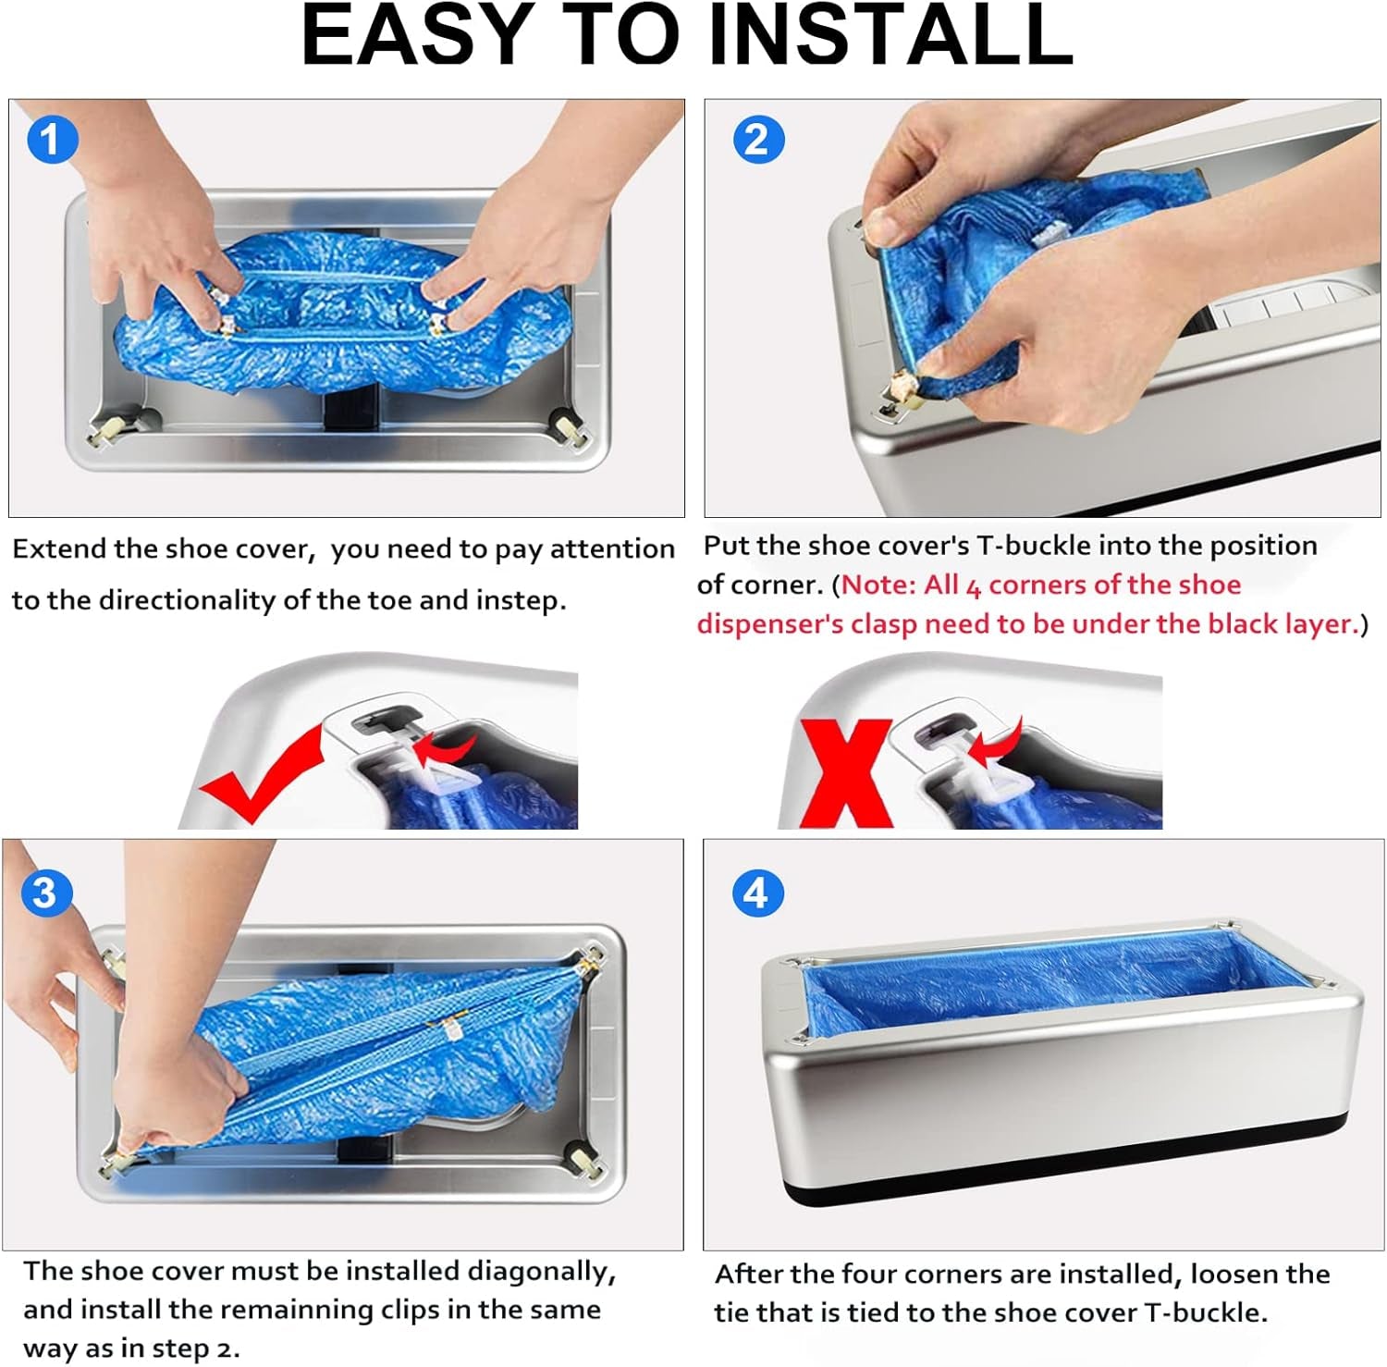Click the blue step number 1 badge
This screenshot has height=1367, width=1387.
(52, 140)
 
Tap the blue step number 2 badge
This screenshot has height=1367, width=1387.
(758, 140)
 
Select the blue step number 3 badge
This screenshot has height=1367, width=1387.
(45, 893)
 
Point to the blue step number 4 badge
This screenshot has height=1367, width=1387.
(757, 893)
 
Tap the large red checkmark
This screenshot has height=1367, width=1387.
(263, 772)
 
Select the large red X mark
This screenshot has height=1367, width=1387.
(847, 773)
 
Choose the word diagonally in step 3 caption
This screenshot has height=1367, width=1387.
(541, 1272)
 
